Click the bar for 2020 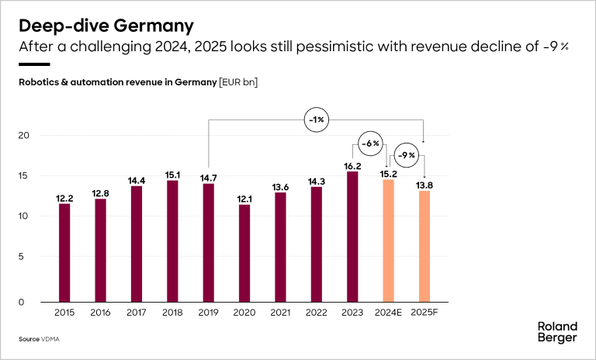pyautogui.click(x=244, y=253)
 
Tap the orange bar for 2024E pyautogui.click(x=388, y=241)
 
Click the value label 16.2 pyautogui.click(x=352, y=165)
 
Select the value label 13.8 pyautogui.click(x=424, y=185)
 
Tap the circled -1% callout pyautogui.click(x=317, y=120)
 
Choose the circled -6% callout pyautogui.click(x=371, y=144)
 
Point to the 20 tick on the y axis pyautogui.click(x=24, y=135)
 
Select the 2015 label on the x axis pyautogui.click(x=64, y=312)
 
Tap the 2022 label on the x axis pyautogui.click(x=316, y=312)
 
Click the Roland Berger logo pyautogui.click(x=557, y=332)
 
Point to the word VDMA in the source pyautogui.click(x=52, y=340)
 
